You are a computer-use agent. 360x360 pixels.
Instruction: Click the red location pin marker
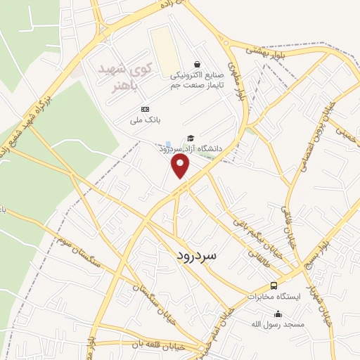(181, 165)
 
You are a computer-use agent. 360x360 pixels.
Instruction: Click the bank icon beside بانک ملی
(145, 109)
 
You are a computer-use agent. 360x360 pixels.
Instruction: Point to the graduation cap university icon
(190, 138)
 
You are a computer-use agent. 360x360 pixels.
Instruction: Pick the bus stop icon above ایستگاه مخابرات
(274, 285)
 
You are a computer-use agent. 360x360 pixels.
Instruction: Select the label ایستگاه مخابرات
(274, 297)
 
